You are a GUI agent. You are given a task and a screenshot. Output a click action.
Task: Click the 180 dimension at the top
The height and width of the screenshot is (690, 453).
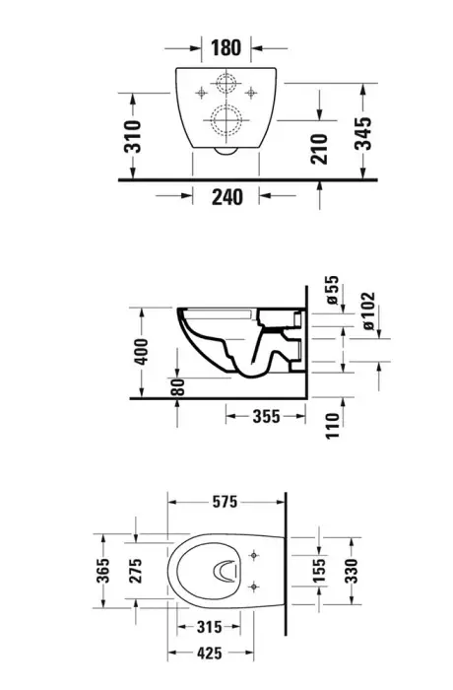226,46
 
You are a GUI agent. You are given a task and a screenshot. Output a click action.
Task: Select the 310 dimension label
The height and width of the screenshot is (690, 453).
133,136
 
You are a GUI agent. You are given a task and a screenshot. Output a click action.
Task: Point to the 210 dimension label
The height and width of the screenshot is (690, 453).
319,149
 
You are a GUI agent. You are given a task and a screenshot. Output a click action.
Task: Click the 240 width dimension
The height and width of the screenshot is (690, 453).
226,196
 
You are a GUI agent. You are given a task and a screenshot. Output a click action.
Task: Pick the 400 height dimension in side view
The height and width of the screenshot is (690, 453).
141,352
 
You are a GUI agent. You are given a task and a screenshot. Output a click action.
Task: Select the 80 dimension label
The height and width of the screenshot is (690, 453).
177,386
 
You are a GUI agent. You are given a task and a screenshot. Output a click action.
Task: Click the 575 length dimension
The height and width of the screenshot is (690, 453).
226,502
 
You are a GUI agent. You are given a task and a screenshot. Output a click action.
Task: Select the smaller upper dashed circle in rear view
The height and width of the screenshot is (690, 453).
226,86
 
